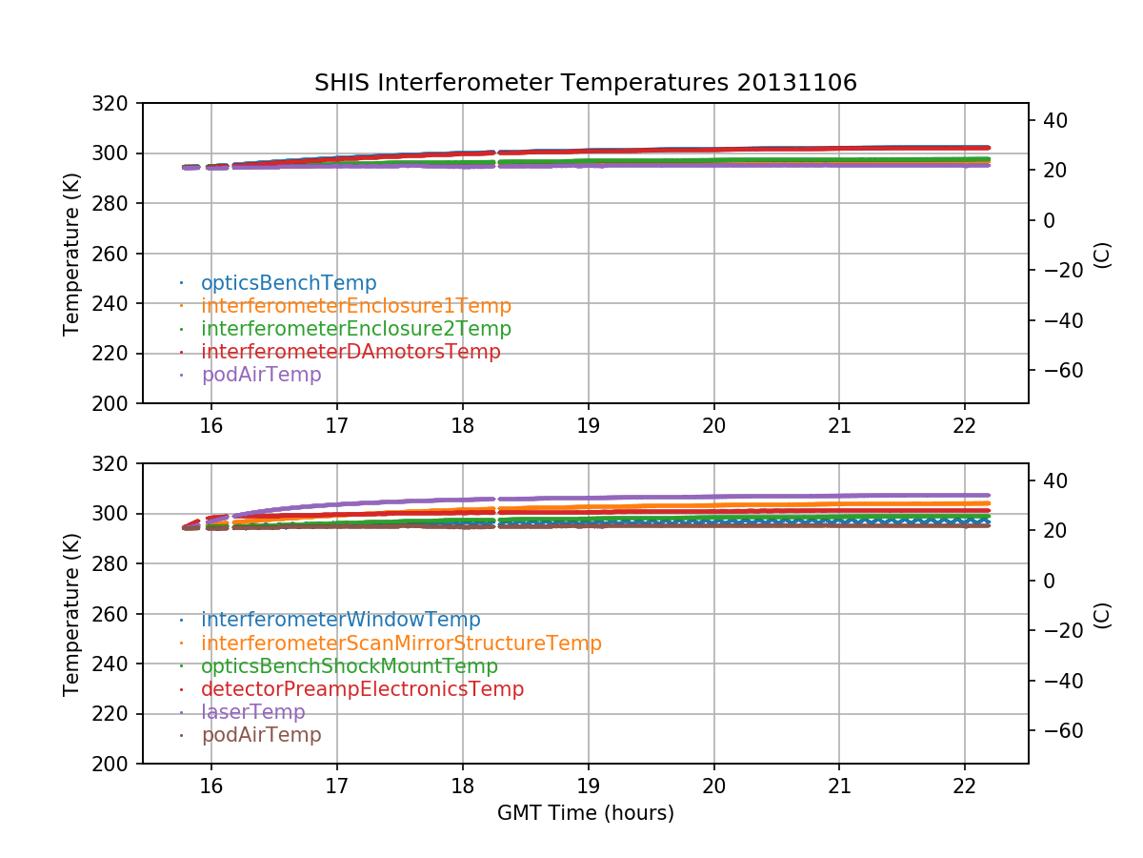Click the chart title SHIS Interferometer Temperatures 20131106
[x=585, y=83]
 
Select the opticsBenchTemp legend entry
[x=289, y=283]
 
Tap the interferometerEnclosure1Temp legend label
[x=355, y=306]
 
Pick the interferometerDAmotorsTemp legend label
[x=351, y=352]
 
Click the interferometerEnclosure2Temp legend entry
[x=355, y=329]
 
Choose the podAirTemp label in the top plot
[x=261, y=375]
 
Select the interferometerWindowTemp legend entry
[x=340, y=621]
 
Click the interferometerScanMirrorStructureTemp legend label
[x=401, y=643]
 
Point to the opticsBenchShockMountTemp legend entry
[x=349, y=666]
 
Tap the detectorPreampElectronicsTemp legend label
[x=362, y=689]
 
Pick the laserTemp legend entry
[x=252, y=712]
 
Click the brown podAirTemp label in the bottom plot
[x=261, y=735]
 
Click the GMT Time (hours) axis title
[x=585, y=813]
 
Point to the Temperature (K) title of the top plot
[x=71, y=254]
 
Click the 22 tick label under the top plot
[x=965, y=425]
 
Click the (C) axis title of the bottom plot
[x=1102, y=614]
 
